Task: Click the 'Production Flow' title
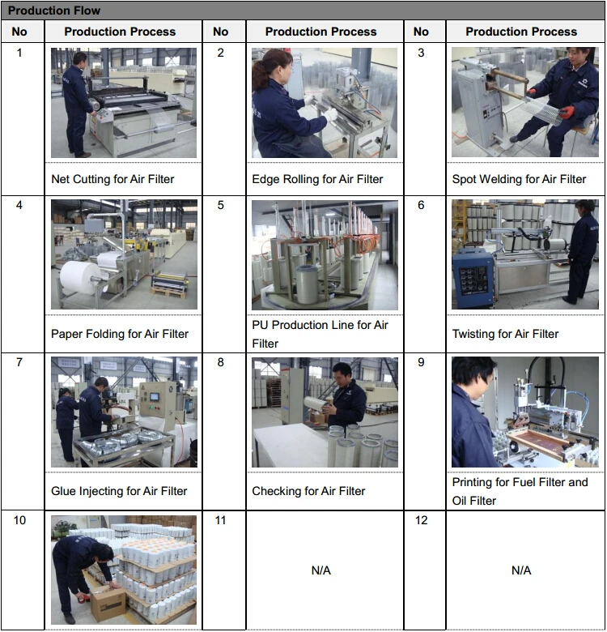point(54,11)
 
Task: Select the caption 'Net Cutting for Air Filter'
point(112,179)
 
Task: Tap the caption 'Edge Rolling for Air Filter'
point(317,179)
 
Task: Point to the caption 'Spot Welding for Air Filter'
point(519,179)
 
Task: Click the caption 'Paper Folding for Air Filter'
point(120,334)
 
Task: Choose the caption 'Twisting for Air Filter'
point(505,334)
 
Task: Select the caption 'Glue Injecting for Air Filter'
point(119,491)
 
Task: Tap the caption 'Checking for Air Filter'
point(308,491)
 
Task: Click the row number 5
point(221,205)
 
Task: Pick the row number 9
point(421,362)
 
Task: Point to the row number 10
point(19,520)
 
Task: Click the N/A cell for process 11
point(320,570)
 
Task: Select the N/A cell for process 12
point(521,570)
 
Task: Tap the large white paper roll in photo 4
point(79,279)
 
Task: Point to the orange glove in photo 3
point(566,112)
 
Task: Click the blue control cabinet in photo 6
point(473,280)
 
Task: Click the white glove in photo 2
point(330,114)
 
